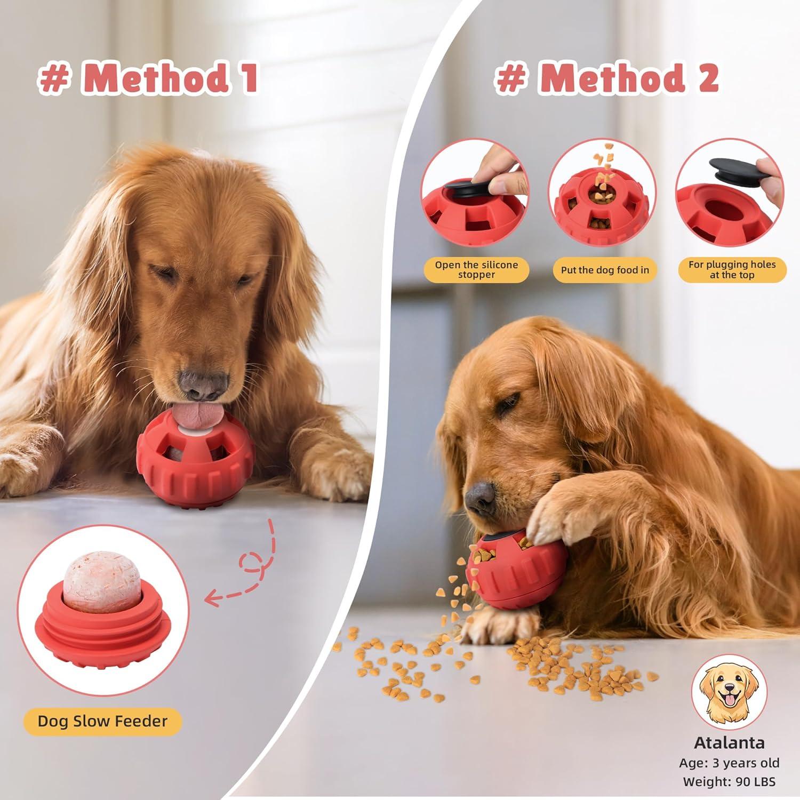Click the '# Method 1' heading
(x=148, y=78)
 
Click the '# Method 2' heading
(x=607, y=78)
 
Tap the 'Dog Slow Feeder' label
(x=102, y=722)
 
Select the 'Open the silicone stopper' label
(x=476, y=269)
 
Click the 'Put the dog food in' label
(x=605, y=270)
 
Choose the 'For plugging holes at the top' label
(x=732, y=269)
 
